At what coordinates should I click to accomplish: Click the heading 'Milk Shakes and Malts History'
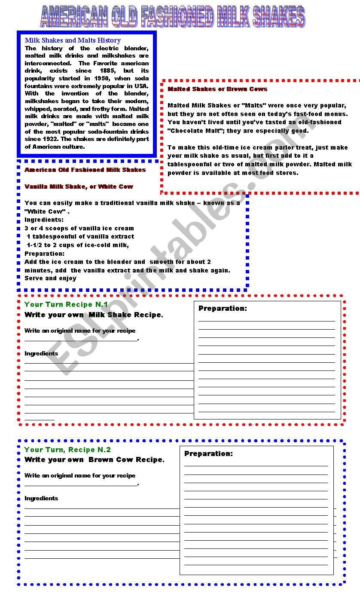[x=73, y=40]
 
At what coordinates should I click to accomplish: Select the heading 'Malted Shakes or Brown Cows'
[x=217, y=89]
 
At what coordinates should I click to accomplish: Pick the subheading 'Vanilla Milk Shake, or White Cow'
[x=79, y=187]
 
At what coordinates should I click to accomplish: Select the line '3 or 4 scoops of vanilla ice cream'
[x=79, y=228]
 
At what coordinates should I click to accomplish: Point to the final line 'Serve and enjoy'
[x=50, y=278]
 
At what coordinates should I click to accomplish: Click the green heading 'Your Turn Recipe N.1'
[x=66, y=304]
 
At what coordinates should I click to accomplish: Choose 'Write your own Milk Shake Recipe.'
[x=94, y=315]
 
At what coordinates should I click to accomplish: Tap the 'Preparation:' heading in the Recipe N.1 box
[x=223, y=308]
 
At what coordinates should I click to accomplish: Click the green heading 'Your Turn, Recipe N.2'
[x=67, y=450]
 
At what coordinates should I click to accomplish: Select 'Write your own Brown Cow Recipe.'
[x=94, y=459]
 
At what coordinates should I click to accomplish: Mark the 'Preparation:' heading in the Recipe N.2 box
[x=208, y=453]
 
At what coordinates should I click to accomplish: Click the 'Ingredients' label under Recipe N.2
[x=41, y=498]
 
